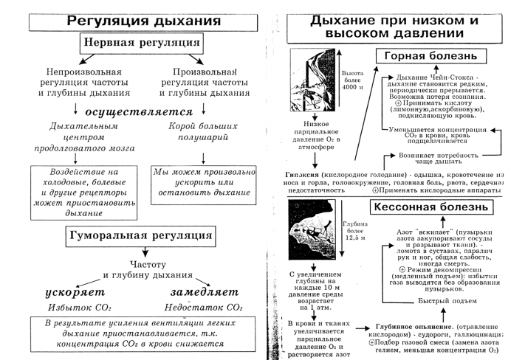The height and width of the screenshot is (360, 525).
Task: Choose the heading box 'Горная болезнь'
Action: click(428, 58)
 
